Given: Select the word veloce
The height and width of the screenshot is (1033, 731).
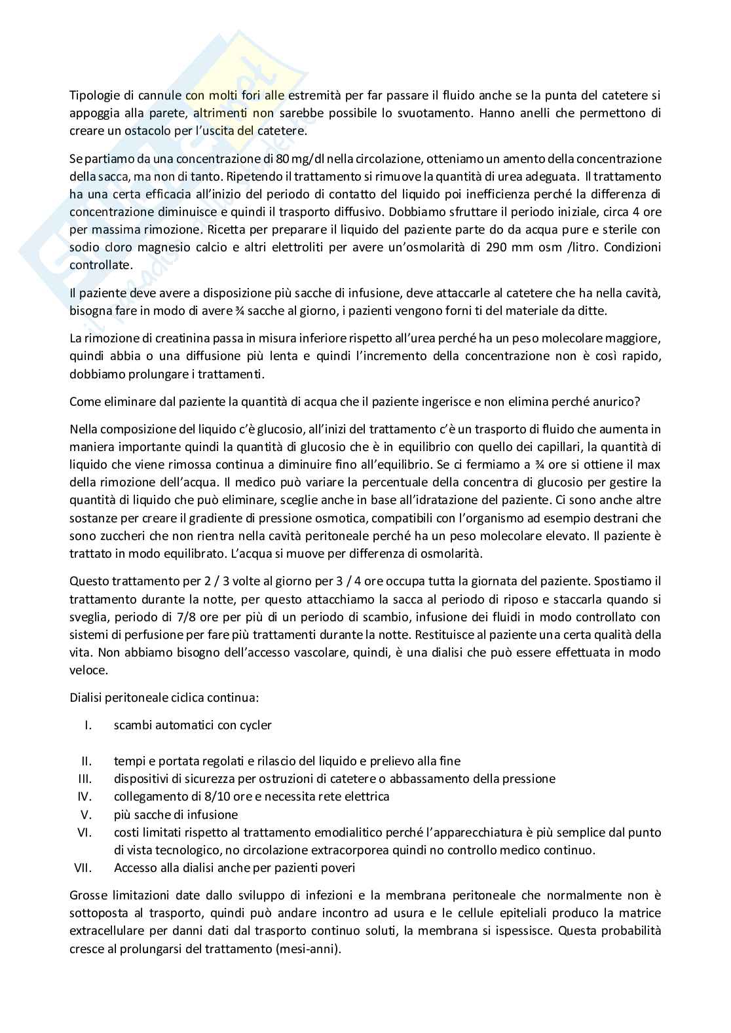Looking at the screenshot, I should (88, 670).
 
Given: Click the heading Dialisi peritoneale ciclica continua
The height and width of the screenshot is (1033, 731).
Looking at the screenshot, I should (164, 697).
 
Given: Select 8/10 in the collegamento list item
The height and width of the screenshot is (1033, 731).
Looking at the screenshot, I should (199, 797).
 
